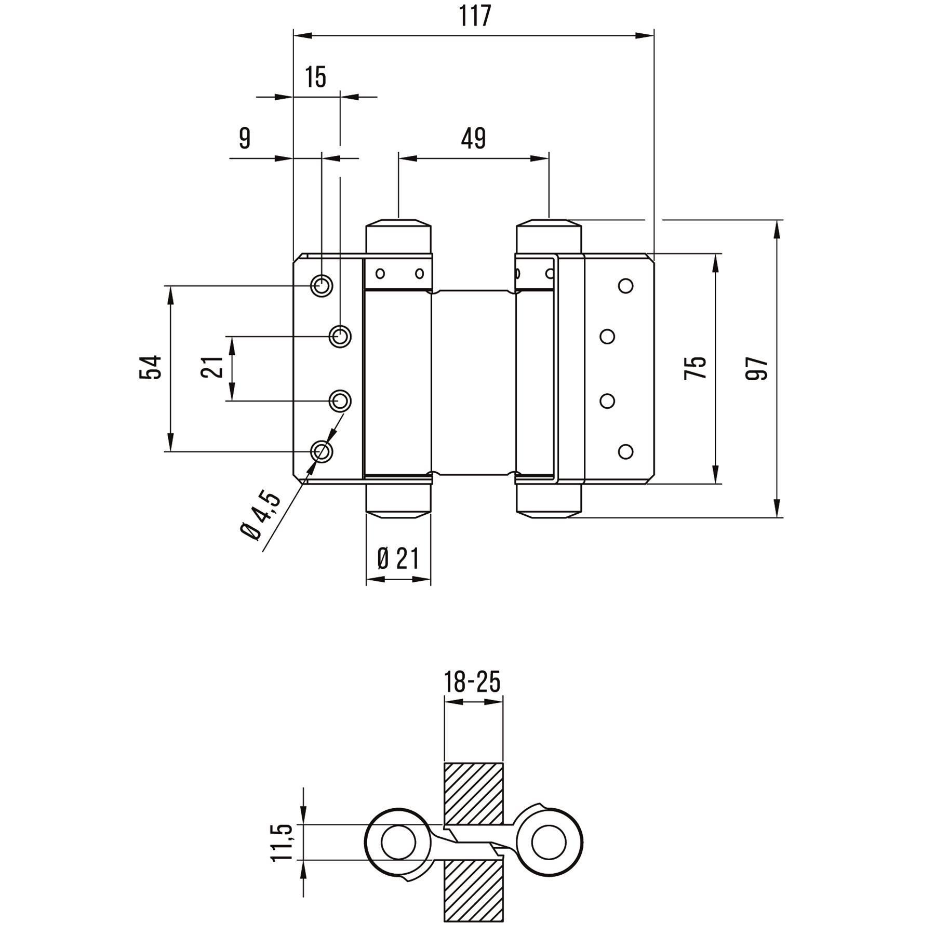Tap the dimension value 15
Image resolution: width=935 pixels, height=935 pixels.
tap(315, 77)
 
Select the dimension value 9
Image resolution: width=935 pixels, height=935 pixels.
tap(245, 139)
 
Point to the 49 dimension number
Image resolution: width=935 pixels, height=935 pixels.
tap(473, 139)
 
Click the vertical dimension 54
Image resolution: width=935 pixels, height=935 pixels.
tap(151, 367)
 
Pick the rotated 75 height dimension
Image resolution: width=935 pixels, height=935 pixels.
tap(696, 367)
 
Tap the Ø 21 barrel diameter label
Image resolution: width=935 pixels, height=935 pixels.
tap(398, 559)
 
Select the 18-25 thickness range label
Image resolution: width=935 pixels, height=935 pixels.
tap(473, 682)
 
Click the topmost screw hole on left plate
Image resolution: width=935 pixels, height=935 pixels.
tap(322, 285)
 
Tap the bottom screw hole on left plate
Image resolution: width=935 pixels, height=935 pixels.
tap(322, 451)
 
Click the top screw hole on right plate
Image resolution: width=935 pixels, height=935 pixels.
tap(626, 285)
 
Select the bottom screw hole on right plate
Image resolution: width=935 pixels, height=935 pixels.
tap(626, 451)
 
